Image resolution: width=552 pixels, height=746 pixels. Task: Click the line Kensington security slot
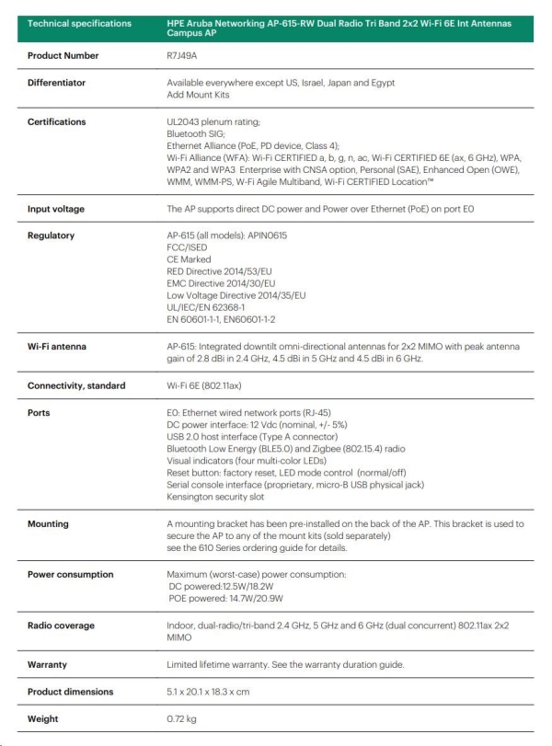213,496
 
